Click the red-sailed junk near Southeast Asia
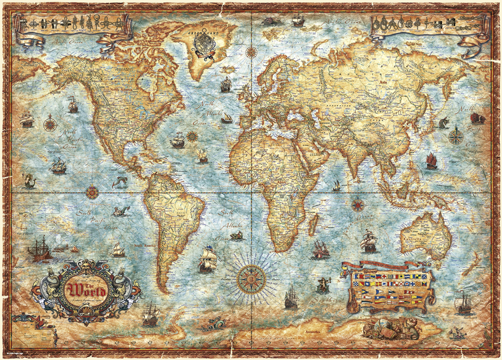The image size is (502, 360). [x=432, y=160]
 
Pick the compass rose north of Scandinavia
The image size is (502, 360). [x=252, y=52]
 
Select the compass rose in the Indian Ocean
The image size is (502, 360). [x=358, y=204]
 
